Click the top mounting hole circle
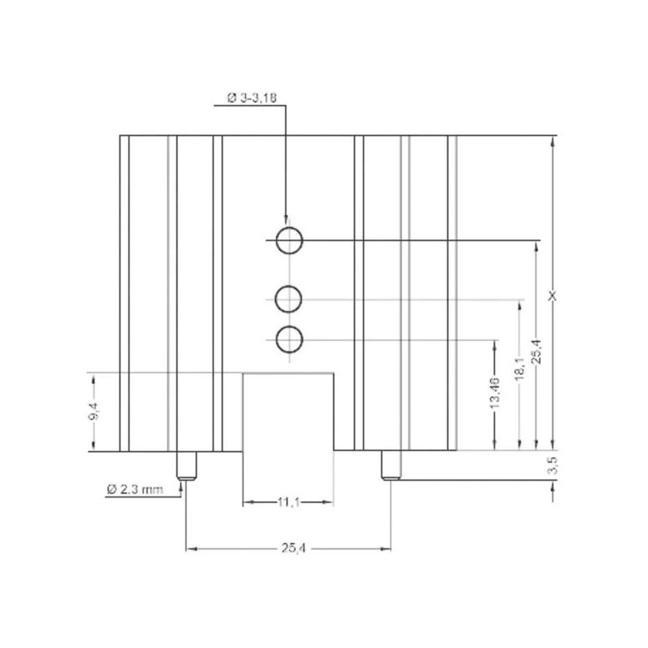[288, 240]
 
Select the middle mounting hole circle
[288, 299]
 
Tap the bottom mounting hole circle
[288, 340]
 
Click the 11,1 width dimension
[288, 502]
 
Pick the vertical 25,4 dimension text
[536, 353]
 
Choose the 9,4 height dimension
[93, 412]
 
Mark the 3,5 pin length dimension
[552, 465]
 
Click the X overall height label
[552, 295]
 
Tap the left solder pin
[187, 465]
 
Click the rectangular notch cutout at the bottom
[288, 411]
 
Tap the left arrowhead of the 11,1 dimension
[247, 502]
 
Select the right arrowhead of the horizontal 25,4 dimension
[387, 549]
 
